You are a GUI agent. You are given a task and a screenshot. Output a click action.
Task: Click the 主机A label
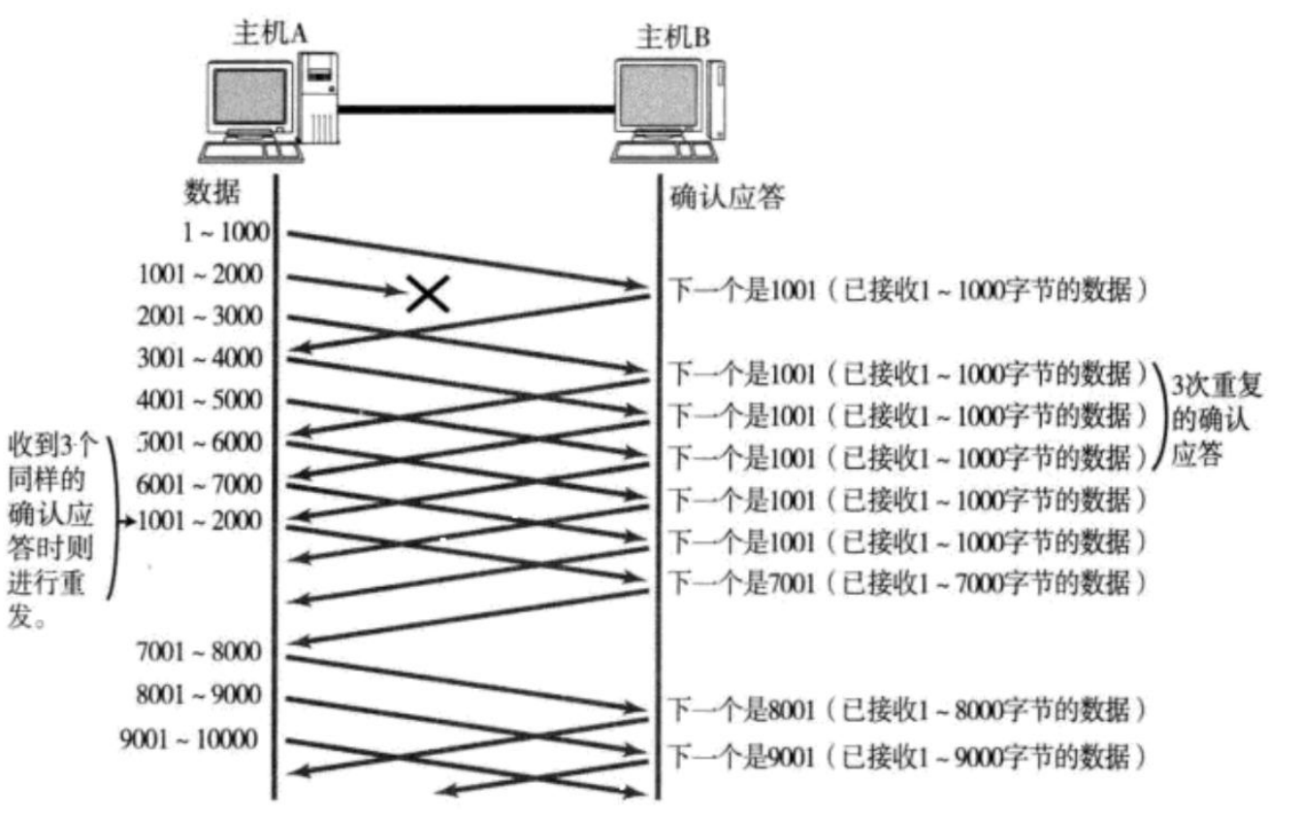click(270, 32)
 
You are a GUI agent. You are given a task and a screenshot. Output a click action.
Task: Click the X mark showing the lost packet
click(427, 292)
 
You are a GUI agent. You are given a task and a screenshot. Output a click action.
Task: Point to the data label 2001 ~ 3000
click(200, 316)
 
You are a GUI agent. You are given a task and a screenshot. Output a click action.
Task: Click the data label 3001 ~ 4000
click(200, 359)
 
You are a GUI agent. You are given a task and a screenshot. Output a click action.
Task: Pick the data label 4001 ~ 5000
click(200, 401)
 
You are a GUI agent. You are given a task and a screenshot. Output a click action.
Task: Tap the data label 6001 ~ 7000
click(200, 483)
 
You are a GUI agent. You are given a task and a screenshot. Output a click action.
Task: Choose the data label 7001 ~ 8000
click(200, 651)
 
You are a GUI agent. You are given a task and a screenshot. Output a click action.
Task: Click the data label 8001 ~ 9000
click(200, 695)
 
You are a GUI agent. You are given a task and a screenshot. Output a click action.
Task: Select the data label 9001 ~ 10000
click(189, 739)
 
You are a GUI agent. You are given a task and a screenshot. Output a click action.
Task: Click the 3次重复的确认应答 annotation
click(1210, 418)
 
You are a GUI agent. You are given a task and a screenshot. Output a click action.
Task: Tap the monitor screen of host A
click(249, 98)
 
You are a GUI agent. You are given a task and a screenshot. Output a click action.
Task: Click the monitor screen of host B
click(660, 98)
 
